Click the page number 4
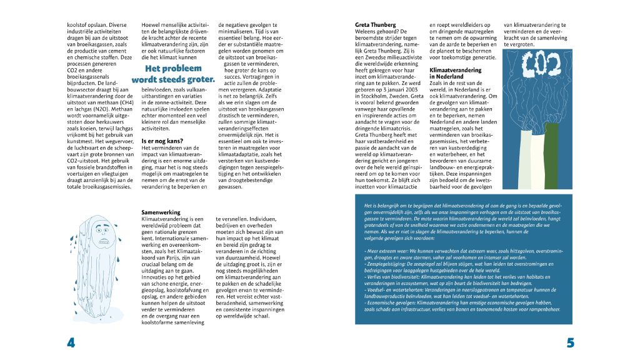click(x=71, y=342)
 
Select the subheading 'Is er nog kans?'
click(x=161, y=141)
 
